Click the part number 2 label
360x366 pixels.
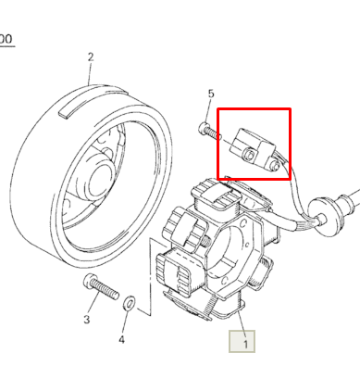pos(91,57)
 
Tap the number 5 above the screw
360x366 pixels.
pos(211,94)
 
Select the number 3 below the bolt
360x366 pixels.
pos(86,320)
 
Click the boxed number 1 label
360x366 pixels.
pos(245,344)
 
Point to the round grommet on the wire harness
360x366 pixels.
pos(323,211)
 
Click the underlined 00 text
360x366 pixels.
pos(6,39)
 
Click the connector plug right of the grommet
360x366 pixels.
pos(352,197)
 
